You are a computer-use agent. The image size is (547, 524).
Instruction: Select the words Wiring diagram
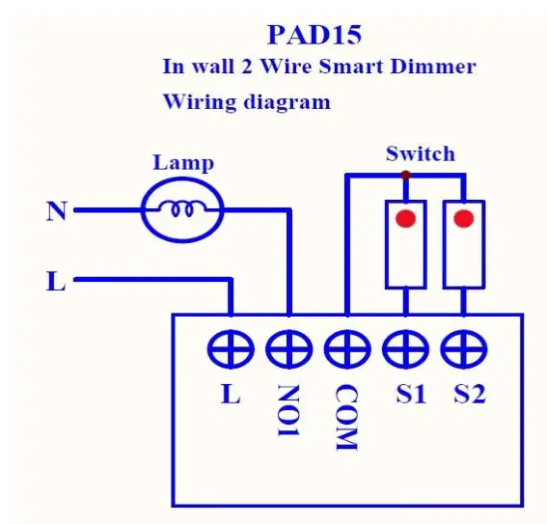point(246,101)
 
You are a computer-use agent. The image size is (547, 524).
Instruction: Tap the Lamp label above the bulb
point(183,162)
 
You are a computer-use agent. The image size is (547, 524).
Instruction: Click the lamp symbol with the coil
point(182,207)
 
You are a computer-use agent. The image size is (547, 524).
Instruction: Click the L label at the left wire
point(56,282)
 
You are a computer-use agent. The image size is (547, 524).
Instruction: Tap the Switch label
point(420,153)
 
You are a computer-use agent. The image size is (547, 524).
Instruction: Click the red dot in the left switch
point(406,218)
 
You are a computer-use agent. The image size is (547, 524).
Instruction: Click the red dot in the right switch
point(463,218)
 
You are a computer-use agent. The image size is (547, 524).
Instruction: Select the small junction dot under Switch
point(405,175)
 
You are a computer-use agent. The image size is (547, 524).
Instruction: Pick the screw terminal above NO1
point(289,345)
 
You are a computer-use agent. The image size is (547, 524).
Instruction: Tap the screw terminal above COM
point(347,345)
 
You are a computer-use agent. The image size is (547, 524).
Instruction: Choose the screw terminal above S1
point(406,345)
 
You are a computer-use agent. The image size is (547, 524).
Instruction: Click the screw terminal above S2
point(464,345)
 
